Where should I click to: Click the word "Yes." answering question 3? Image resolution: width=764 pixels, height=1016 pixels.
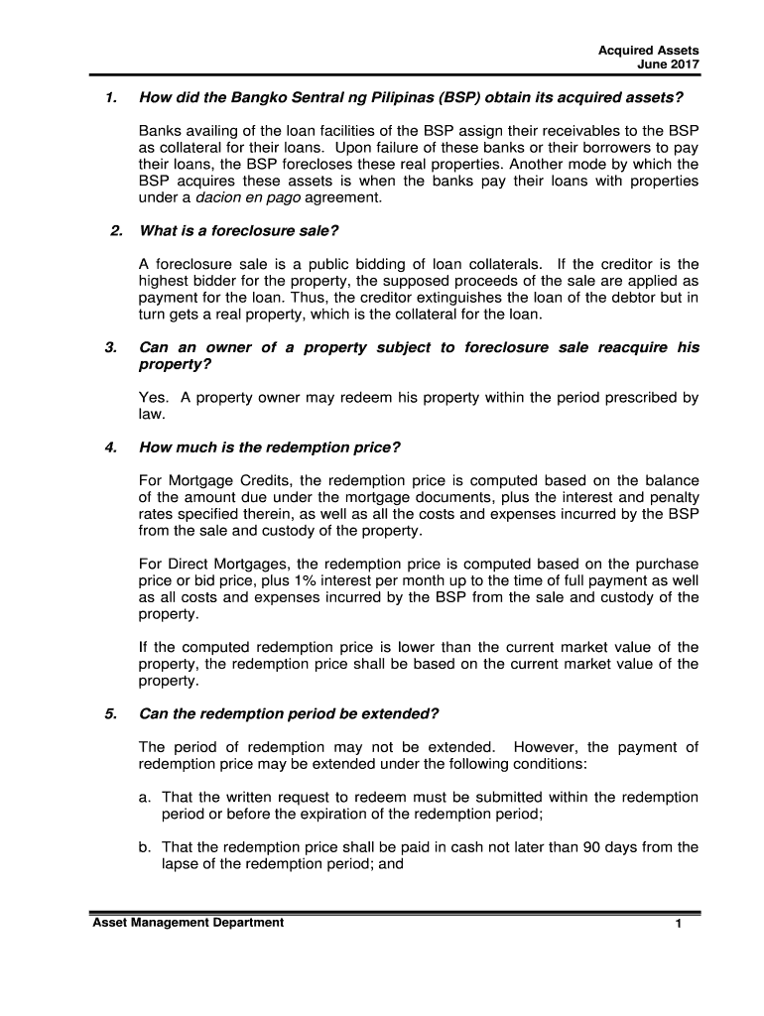(153, 398)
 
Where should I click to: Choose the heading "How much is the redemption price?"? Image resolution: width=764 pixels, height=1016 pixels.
(269, 446)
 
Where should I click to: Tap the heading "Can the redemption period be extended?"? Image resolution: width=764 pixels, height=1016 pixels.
(289, 713)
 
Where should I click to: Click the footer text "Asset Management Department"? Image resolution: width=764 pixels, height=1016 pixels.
(188, 923)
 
